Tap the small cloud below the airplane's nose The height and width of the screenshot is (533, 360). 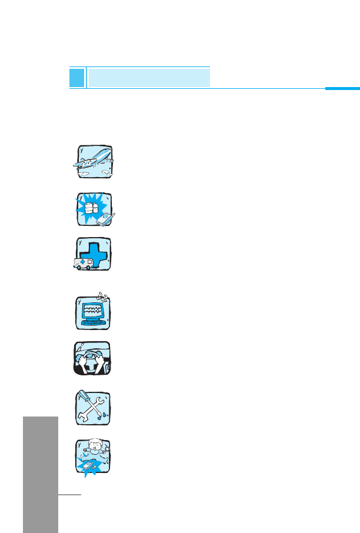pos(105,172)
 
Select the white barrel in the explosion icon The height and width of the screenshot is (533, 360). pos(90,208)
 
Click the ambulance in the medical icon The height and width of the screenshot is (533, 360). pos(83,264)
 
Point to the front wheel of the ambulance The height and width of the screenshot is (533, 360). pos(77,269)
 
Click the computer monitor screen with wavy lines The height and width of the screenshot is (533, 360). pos(92,309)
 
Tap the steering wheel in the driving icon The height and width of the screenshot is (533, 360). pos(93,357)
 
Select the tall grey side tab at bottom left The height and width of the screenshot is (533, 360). pos(41,474)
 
